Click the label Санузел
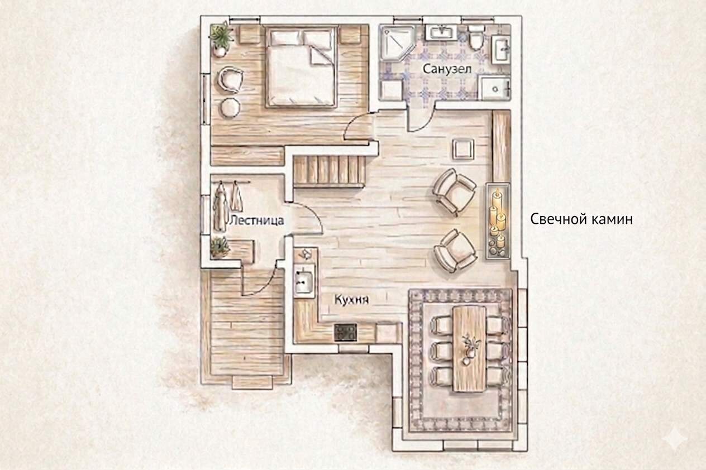coord(447,69)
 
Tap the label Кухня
coord(351,299)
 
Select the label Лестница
coord(256,220)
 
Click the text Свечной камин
coord(581,219)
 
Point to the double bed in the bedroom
coord(301,67)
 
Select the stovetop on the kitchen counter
coord(345,332)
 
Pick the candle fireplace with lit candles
coord(498,221)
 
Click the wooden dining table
coord(469,349)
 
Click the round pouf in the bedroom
coord(230,108)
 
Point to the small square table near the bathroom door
coord(463,149)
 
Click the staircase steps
coord(330,172)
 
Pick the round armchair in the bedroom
coord(230,80)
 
